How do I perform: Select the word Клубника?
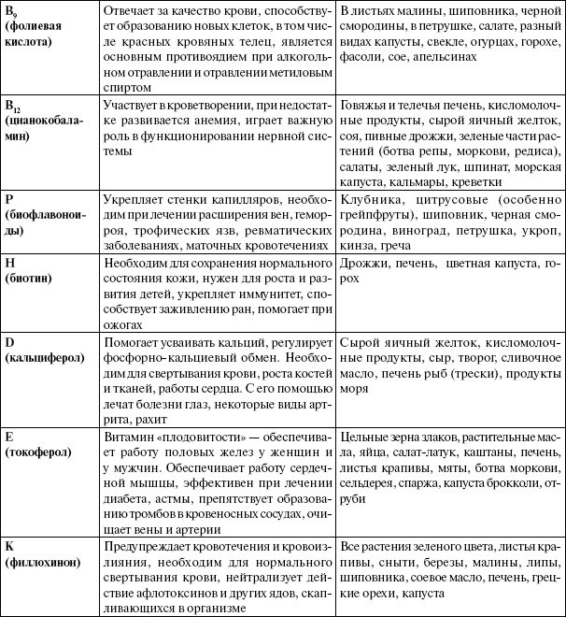(370, 199)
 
